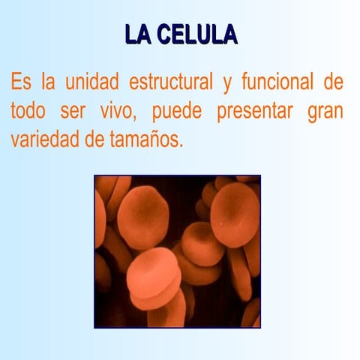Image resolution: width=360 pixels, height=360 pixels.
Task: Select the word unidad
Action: coord(97,81)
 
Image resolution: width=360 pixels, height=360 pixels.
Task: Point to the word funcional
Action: coord(273,81)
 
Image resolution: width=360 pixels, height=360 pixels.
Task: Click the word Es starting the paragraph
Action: coord(22,81)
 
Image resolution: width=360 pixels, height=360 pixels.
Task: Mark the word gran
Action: coord(325,112)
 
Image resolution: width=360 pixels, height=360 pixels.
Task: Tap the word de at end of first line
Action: coord(333,81)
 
